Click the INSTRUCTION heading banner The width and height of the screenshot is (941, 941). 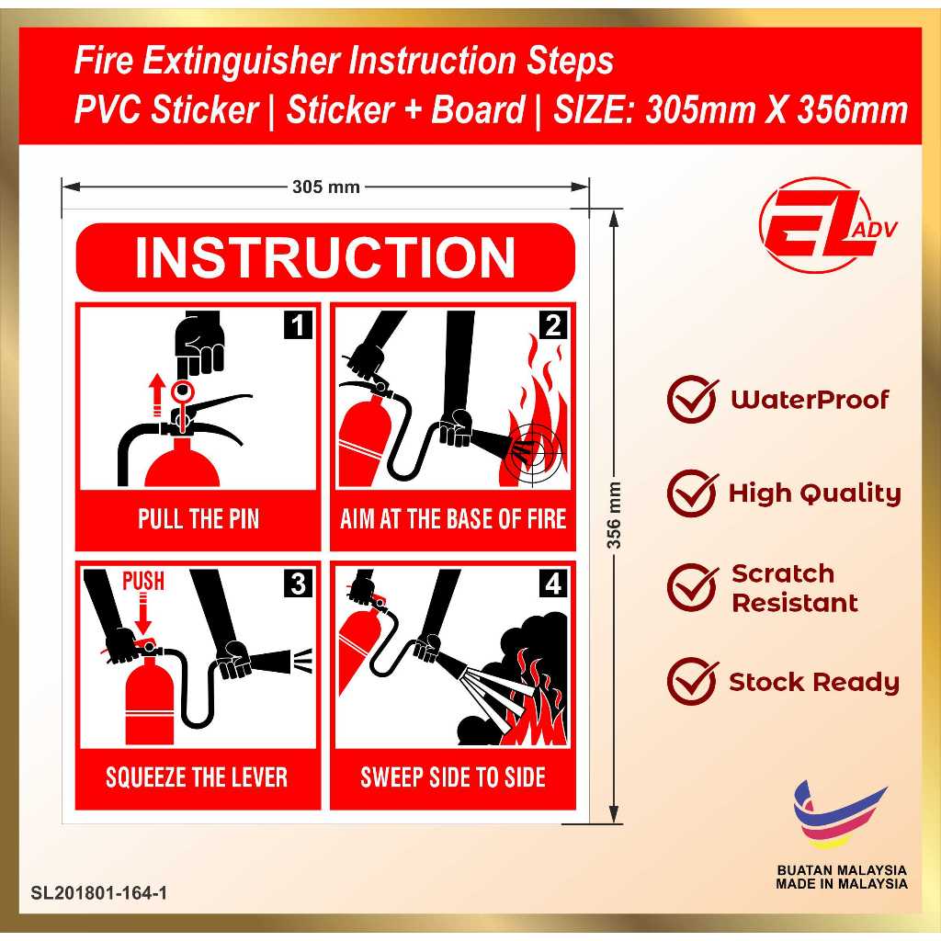[x=325, y=258]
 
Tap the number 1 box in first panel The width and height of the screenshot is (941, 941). [x=299, y=326]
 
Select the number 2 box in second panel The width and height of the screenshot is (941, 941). [x=553, y=326]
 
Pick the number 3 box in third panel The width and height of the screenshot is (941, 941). [x=299, y=584]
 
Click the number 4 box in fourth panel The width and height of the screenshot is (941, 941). [x=553, y=584]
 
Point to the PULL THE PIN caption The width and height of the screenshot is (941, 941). [x=198, y=519]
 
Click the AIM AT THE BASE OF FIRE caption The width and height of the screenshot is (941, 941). [x=453, y=519]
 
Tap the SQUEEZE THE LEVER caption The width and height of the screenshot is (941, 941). [x=197, y=777]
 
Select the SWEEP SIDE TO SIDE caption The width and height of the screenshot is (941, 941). [x=453, y=777]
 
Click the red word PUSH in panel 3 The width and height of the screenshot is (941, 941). [x=143, y=581]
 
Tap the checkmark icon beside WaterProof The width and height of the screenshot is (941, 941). [x=691, y=400]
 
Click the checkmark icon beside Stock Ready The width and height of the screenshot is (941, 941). [x=691, y=682]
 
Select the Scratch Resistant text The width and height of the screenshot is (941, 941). [x=794, y=588]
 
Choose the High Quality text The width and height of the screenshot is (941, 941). [x=814, y=493]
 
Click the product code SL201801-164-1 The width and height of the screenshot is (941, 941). [x=99, y=892]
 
